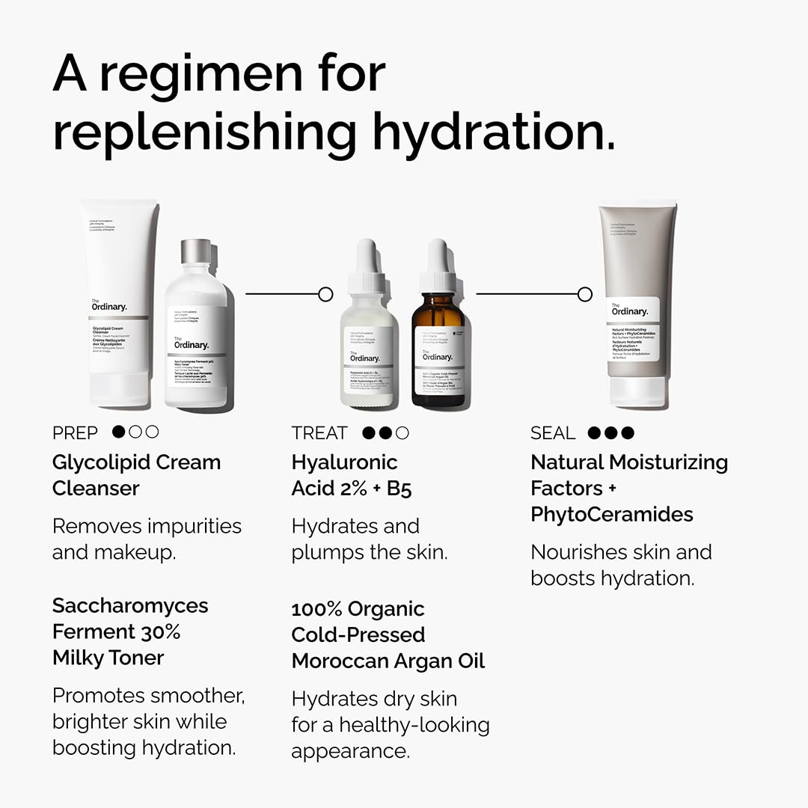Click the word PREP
click(75, 433)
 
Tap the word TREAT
click(319, 433)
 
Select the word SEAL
click(553, 433)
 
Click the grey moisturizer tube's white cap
click(637, 391)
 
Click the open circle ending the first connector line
click(325, 294)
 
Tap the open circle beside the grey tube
click(585, 294)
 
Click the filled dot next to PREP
click(118, 432)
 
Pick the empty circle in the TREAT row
click(403, 432)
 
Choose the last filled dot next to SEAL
click(627, 432)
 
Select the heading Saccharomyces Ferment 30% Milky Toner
click(130, 631)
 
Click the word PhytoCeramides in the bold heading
click(612, 515)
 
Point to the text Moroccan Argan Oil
click(388, 661)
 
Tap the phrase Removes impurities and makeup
click(147, 539)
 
